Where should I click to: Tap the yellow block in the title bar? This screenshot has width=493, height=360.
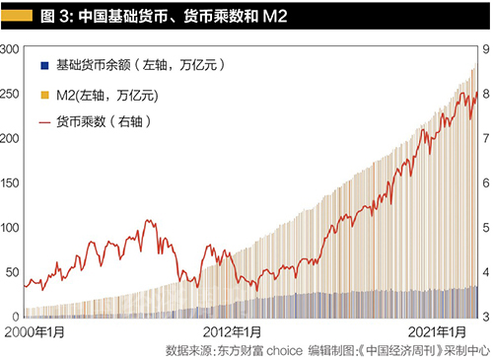(20, 17)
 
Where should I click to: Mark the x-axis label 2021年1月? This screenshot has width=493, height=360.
(442, 331)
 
